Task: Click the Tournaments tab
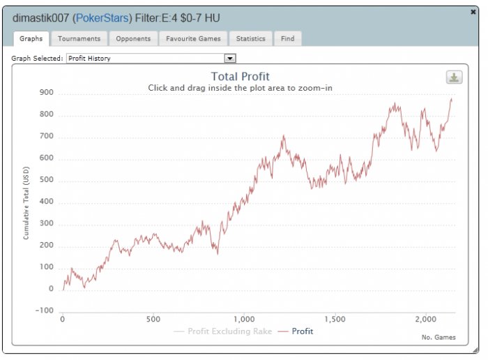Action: [x=79, y=39]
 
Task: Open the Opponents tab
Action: [x=132, y=39]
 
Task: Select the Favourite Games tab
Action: [x=193, y=39]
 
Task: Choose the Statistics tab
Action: [x=250, y=39]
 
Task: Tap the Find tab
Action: [x=287, y=39]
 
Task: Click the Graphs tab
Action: [x=31, y=39]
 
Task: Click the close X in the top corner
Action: [x=474, y=12]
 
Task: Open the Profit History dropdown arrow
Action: [x=230, y=59]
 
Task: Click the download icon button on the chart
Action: [x=454, y=77]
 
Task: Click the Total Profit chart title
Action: [x=240, y=77]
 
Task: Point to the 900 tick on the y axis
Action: [x=46, y=93]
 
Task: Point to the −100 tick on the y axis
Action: [x=44, y=311]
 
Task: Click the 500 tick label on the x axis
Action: [x=153, y=319]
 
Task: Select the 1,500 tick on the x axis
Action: [x=335, y=319]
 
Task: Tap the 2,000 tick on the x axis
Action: [x=426, y=319]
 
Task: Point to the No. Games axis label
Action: [x=439, y=338]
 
